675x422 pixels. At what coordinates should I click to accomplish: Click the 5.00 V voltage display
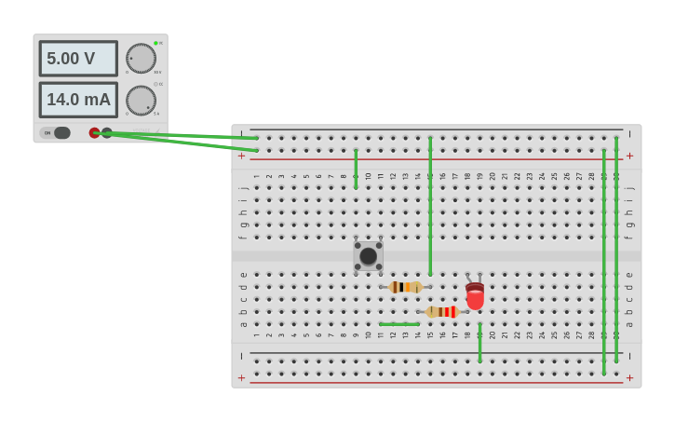coord(78,59)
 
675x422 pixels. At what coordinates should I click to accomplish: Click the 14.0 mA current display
coord(78,100)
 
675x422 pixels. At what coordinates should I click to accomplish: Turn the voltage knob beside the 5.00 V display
coord(141,58)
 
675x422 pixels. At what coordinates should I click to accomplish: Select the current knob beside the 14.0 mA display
coord(141,100)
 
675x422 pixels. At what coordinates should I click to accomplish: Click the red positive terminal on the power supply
coord(94,133)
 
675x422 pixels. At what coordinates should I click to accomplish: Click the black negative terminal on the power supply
coord(107,133)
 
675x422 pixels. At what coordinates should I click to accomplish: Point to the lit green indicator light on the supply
coord(155,43)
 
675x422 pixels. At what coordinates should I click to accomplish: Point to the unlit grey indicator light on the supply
coord(155,84)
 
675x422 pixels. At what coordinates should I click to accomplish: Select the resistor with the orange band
coord(405,287)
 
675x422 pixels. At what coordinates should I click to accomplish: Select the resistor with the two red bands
coord(442,312)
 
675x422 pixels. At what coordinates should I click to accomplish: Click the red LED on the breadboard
coord(475,296)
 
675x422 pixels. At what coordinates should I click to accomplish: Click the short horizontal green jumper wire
coord(398,324)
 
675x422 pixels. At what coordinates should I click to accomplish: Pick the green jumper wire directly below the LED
coord(479,343)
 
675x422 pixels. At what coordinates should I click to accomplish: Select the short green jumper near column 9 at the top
coord(356,169)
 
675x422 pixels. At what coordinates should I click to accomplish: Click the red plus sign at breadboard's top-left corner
coord(242,156)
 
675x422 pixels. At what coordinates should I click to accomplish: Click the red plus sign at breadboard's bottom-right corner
coord(630,377)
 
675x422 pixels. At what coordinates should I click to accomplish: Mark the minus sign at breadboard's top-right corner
coord(630,134)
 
